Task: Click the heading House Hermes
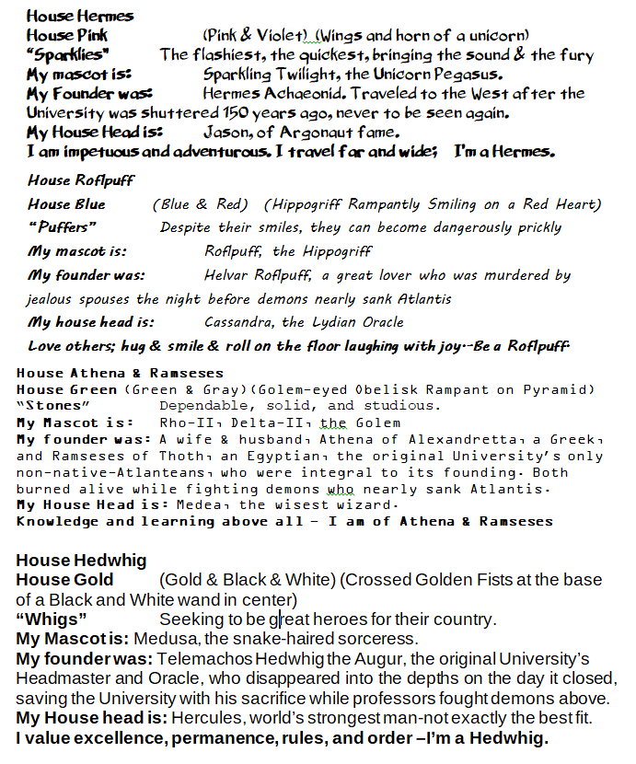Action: (80, 16)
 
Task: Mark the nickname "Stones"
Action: (48, 405)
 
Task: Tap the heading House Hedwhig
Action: (82, 561)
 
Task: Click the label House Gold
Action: (65, 580)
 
